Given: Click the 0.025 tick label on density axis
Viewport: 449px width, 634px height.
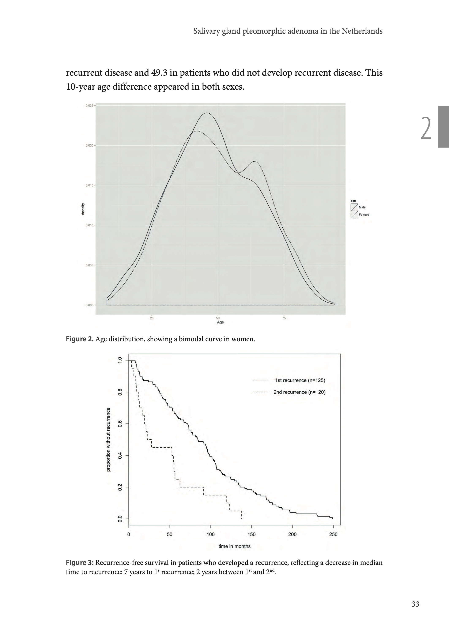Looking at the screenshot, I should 90,105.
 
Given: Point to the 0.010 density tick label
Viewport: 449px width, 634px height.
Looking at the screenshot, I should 90,225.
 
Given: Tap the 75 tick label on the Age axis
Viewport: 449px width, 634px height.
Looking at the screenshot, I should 284,318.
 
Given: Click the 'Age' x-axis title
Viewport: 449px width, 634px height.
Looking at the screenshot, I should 220,322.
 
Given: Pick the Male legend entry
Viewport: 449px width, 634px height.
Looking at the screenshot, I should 362,207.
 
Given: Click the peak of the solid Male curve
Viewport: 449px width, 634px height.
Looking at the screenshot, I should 207,113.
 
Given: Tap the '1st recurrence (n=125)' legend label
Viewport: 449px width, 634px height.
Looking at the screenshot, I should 300,380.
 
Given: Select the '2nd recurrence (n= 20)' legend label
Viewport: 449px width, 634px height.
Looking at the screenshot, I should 299,392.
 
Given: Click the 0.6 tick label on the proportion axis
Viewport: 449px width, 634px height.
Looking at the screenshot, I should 120,424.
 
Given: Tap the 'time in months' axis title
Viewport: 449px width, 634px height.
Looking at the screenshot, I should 234,546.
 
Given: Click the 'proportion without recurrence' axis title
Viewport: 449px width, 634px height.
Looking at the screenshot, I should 108,439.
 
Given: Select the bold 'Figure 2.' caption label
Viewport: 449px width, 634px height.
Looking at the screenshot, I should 80,339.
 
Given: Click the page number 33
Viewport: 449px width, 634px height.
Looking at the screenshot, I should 415,604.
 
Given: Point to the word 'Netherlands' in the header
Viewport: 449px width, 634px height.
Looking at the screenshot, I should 362,31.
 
